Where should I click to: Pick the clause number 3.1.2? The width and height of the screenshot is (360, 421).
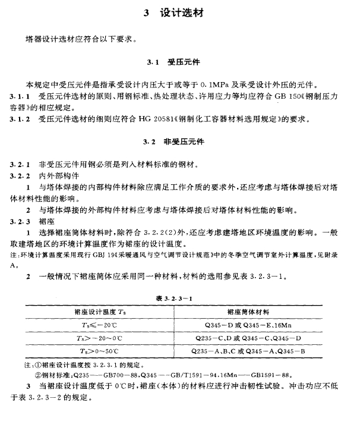point(20,120)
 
